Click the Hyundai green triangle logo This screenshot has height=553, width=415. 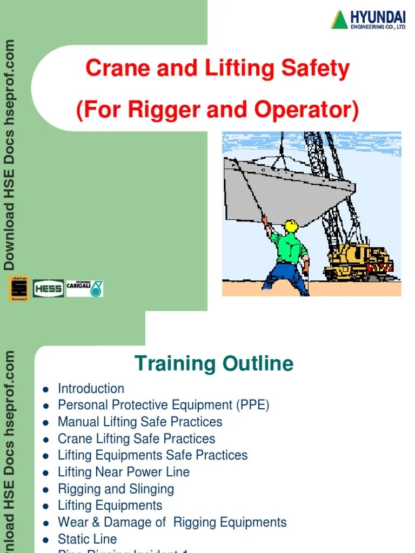tap(339, 20)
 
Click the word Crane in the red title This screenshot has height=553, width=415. tap(111, 69)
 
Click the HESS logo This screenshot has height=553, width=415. tap(48, 288)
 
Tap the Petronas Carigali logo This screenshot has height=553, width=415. tap(84, 288)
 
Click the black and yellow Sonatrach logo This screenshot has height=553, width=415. tap(18, 288)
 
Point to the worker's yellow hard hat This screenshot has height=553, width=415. tap(291, 225)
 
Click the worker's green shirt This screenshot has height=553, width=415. tap(288, 246)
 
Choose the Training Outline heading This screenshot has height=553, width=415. tap(213, 363)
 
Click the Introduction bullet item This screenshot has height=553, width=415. tap(91, 388)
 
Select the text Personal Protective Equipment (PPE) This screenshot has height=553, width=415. tap(163, 405)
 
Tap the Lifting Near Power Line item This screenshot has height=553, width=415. tap(124, 471)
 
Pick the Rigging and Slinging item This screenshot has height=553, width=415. tap(116, 489)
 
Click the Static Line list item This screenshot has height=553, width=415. tap(87, 538)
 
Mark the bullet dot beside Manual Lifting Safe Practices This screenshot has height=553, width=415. tap(46, 422)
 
